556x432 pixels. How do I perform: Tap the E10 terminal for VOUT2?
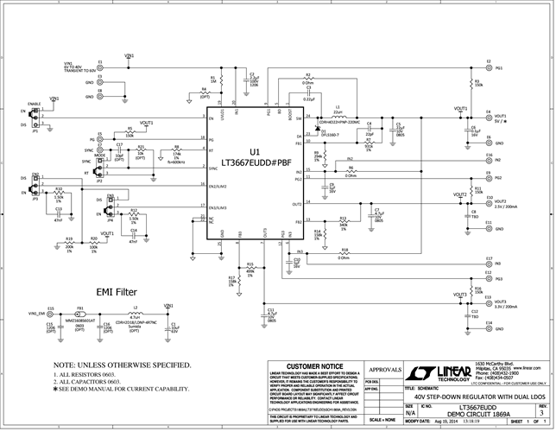489,201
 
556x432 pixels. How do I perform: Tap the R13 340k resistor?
344,221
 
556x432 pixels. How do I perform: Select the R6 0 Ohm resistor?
351,172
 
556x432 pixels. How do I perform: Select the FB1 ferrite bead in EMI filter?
79,314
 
